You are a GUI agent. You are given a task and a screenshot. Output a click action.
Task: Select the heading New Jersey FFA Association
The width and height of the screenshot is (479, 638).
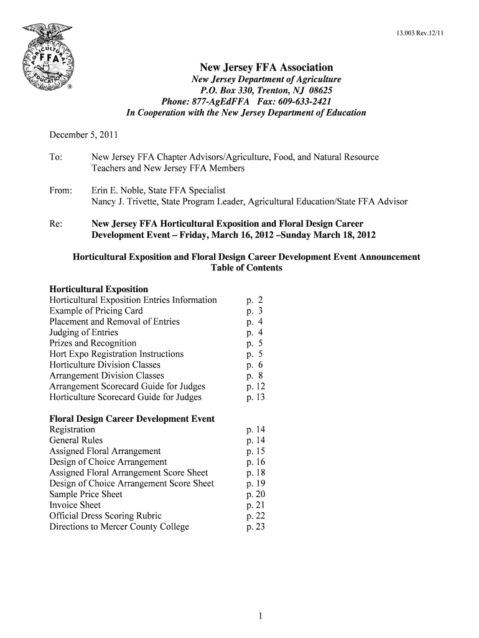click(x=266, y=67)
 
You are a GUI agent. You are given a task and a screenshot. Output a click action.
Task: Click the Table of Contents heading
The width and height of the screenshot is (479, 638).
click(x=246, y=268)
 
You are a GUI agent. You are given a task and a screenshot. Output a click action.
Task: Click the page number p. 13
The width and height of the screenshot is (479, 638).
click(x=256, y=397)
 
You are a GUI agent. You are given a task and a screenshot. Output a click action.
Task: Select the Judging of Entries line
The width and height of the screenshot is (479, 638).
click(x=83, y=333)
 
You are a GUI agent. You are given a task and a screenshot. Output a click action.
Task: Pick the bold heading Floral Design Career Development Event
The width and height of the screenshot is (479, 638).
click(x=132, y=419)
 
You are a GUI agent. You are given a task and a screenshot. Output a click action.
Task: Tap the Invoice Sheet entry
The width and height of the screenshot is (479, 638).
click(x=75, y=505)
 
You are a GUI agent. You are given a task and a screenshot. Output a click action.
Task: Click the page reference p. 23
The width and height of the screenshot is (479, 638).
click(x=256, y=526)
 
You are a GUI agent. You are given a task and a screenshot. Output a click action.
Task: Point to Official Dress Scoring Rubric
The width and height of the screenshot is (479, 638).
click(x=105, y=516)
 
